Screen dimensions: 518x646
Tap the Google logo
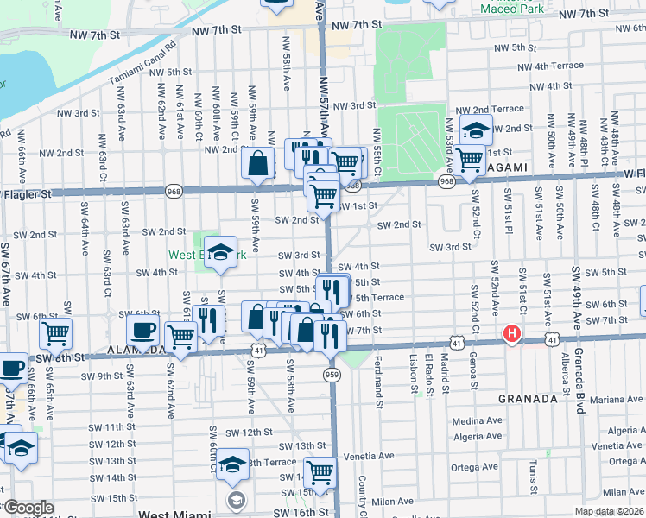28,508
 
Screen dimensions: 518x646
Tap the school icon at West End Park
221,252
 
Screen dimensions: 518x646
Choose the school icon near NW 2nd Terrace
476,130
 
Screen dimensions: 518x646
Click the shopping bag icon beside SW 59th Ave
259,162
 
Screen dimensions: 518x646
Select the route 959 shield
332,374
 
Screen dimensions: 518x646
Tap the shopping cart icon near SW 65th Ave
56,332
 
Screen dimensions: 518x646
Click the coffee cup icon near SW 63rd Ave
142,330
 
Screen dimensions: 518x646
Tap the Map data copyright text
609,511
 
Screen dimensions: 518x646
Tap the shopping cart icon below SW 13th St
320,472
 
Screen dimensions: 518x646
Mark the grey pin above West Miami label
235,500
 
